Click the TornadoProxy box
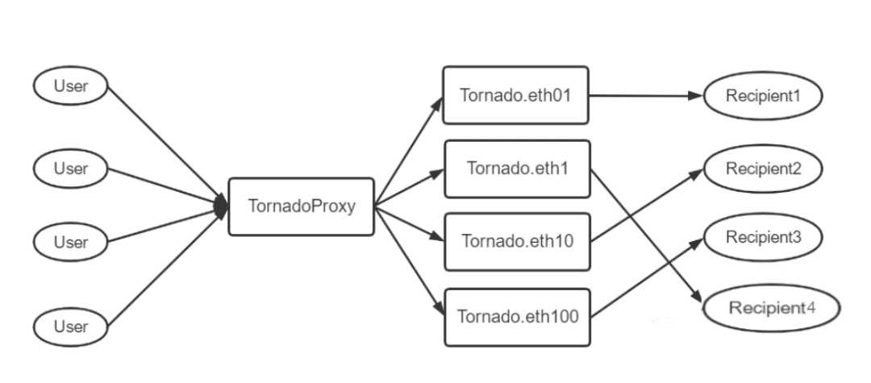pyautogui.click(x=301, y=206)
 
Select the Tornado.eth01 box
pyautogui.click(x=515, y=95)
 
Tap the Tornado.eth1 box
pyautogui.click(x=517, y=169)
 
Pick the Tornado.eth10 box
pyautogui.click(x=517, y=242)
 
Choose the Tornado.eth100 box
pyautogui.click(x=517, y=317)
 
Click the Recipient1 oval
pyautogui.click(x=763, y=95)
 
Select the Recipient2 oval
pyautogui.click(x=763, y=169)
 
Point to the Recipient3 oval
pyautogui.click(x=763, y=238)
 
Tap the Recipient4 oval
pyautogui.click(x=772, y=308)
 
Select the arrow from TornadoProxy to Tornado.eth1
pyautogui.click(x=410, y=188)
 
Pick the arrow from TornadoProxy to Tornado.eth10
pyautogui.click(x=410, y=224)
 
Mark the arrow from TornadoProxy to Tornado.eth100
pyautogui.click(x=410, y=261)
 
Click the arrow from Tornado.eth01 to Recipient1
pyautogui.click(x=646, y=95)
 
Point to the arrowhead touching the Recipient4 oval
pyautogui.click(x=697, y=297)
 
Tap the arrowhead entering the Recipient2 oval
pyautogui.click(x=697, y=173)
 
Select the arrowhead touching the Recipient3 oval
pyautogui.click(x=697, y=243)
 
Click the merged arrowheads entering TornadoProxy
pyautogui.click(x=222, y=206)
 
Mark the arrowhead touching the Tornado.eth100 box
pyautogui.click(x=439, y=310)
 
